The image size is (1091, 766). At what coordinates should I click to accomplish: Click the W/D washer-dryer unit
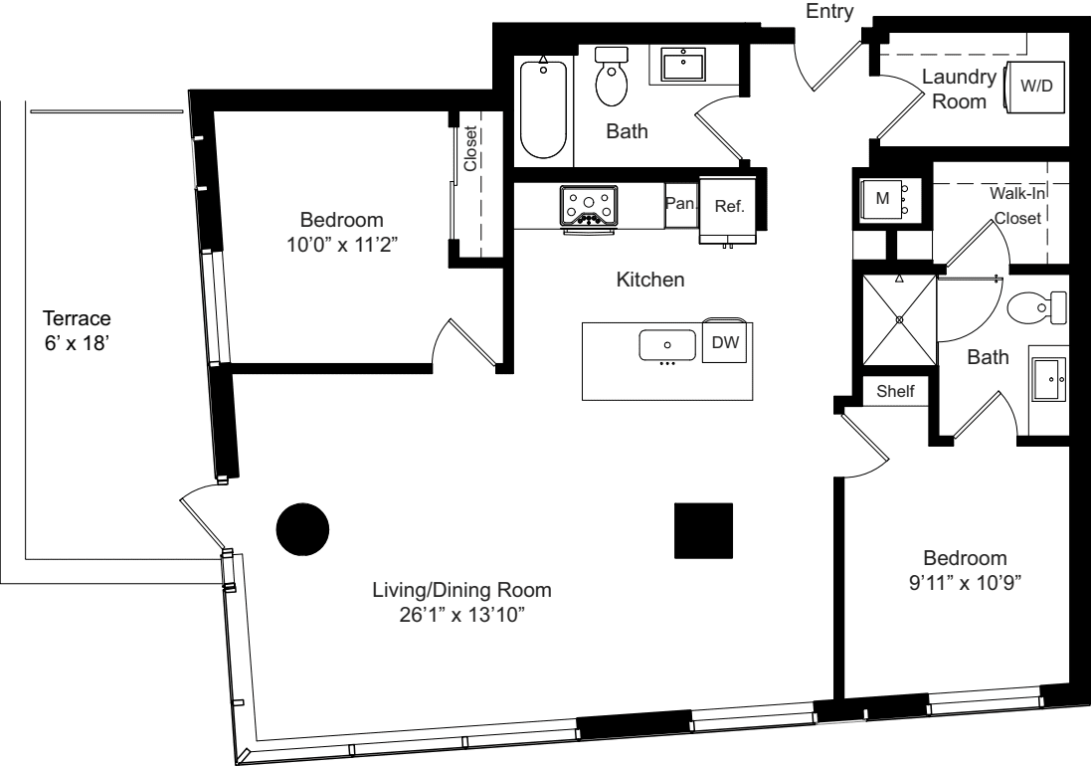click(x=1036, y=86)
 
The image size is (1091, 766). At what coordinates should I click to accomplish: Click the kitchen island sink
click(x=666, y=345)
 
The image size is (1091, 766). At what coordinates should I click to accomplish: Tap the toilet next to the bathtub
click(x=612, y=78)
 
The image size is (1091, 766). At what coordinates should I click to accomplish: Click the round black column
click(x=302, y=529)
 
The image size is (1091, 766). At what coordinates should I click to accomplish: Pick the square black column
click(x=703, y=530)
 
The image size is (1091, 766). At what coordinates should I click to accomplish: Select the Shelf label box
click(x=895, y=392)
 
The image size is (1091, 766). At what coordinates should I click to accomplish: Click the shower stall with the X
click(x=899, y=319)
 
